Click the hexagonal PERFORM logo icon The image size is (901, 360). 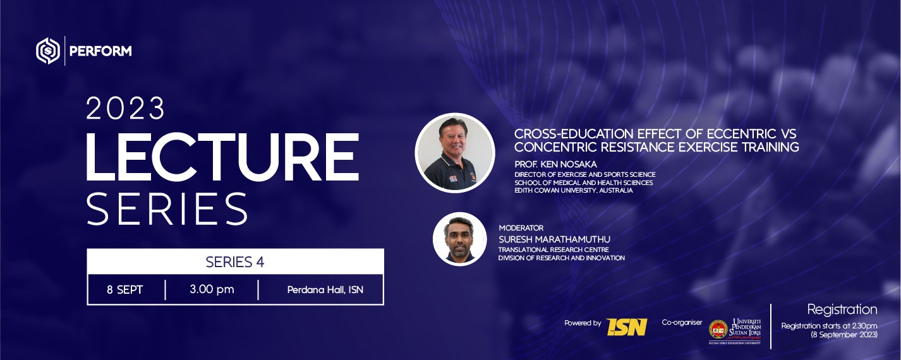(x=48, y=51)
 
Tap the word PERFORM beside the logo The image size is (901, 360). (x=100, y=51)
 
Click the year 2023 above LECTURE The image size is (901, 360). (x=125, y=108)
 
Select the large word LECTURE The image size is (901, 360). (x=222, y=157)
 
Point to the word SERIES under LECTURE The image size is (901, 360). (x=167, y=209)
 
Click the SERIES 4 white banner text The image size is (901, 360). (x=235, y=262)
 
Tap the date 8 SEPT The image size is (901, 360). (x=124, y=290)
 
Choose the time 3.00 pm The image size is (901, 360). (x=212, y=289)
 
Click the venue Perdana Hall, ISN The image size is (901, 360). (x=325, y=290)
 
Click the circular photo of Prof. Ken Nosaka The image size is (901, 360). (x=455, y=153)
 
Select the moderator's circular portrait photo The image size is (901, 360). (x=459, y=239)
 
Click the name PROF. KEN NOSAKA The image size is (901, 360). (x=555, y=164)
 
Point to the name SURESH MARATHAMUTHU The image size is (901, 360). (x=554, y=239)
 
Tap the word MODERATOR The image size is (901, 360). (x=521, y=227)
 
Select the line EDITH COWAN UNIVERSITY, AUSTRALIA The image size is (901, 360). (x=574, y=190)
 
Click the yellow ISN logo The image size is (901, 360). (x=626, y=327)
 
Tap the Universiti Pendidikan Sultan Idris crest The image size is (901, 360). (x=718, y=330)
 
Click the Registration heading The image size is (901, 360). (x=842, y=309)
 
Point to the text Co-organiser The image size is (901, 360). (x=682, y=323)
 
